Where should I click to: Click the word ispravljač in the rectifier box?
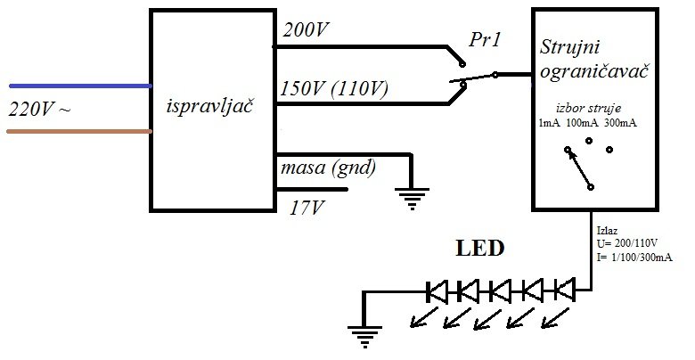point(211,108)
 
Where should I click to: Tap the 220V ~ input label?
point(40,110)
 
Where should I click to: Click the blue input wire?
point(80,86)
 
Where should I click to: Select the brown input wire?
point(80,132)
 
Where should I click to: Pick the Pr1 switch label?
point(486,41)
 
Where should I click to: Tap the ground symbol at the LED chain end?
point(362,335)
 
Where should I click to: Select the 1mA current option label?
point(549,122)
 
